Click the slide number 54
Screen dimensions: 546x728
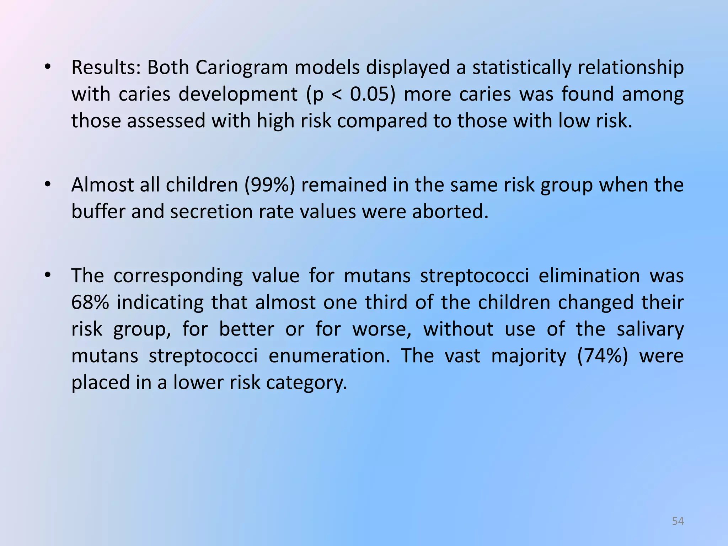pos(678,521)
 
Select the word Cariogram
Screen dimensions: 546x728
pos(241,67)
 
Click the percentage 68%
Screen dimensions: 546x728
pos(90,303)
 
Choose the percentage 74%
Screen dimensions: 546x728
pos(603,356)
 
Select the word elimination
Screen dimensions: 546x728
pos(589,276)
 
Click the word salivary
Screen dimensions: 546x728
pos(650,329)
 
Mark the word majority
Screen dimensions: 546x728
pos(529,356)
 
